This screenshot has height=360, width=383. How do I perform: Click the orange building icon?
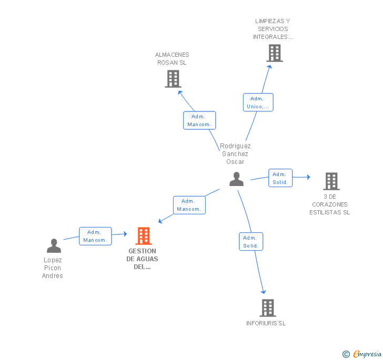coord(144,236)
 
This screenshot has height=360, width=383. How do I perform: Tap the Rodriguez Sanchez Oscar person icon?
coord(237,179)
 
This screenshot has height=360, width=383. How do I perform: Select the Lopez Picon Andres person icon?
coord(54,245)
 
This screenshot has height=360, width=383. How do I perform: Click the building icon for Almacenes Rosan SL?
coord(173,79)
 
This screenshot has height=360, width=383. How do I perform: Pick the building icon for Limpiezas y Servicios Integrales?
coord(274,53)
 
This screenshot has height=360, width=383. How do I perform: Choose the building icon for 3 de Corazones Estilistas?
coord(331,181)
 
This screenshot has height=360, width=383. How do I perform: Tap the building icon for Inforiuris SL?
coord(268,308)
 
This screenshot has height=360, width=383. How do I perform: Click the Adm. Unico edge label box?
coord(258,102)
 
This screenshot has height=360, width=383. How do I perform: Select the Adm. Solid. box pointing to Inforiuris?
coord(250,241)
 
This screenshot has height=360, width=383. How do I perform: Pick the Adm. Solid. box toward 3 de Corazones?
coord(280,178)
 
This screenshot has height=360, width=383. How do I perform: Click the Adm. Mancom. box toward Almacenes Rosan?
coord(199,120)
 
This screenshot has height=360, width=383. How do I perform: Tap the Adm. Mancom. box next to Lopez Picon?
coord(95,236)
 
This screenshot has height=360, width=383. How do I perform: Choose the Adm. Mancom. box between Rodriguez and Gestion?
coord(189,205)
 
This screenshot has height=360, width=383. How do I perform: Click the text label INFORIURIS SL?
coord(266,323)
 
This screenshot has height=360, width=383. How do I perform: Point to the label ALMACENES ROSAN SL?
coord(172,59)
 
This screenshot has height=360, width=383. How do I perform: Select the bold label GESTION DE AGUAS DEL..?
coord(142,259)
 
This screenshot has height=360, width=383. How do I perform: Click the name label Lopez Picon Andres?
coord(53,268)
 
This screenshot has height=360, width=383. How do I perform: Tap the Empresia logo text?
coord(367,354)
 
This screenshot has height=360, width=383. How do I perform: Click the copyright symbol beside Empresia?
coord(346,354)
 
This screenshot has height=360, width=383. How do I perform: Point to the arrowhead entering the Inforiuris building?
coord(264,292)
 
